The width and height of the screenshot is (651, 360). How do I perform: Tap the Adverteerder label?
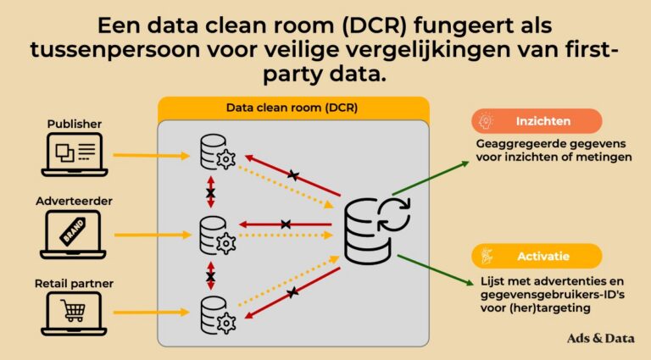click(73, 202)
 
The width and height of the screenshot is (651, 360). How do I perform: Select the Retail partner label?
click(73, 282)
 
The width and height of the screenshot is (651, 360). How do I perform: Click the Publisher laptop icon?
click(73, 155)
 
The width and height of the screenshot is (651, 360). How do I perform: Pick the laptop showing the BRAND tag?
click(73, 235)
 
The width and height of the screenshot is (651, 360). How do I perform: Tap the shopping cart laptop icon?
click(73, 313)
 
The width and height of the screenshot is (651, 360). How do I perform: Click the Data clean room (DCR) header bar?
click(292, 108)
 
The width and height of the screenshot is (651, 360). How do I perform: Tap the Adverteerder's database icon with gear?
click(214, 235)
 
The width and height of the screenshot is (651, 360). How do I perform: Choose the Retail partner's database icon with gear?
click(214, 314)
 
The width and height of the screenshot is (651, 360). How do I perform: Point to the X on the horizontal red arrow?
click(287, 224)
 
